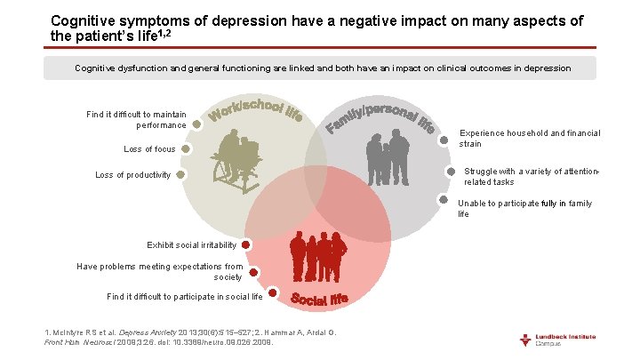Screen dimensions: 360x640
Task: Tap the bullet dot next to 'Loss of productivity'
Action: (180, 175)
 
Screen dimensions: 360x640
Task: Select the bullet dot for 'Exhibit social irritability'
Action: (245, 244)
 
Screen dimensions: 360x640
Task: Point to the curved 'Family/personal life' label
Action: (380, 116)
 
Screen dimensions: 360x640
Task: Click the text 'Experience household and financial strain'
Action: (530, 138)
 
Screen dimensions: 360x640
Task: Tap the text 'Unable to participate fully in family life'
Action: (524, 209)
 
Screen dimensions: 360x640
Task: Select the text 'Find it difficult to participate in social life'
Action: (184, 296)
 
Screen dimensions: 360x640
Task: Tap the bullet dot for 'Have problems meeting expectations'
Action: (253, 272)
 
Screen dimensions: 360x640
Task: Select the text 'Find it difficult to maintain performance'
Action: (137, 119)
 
